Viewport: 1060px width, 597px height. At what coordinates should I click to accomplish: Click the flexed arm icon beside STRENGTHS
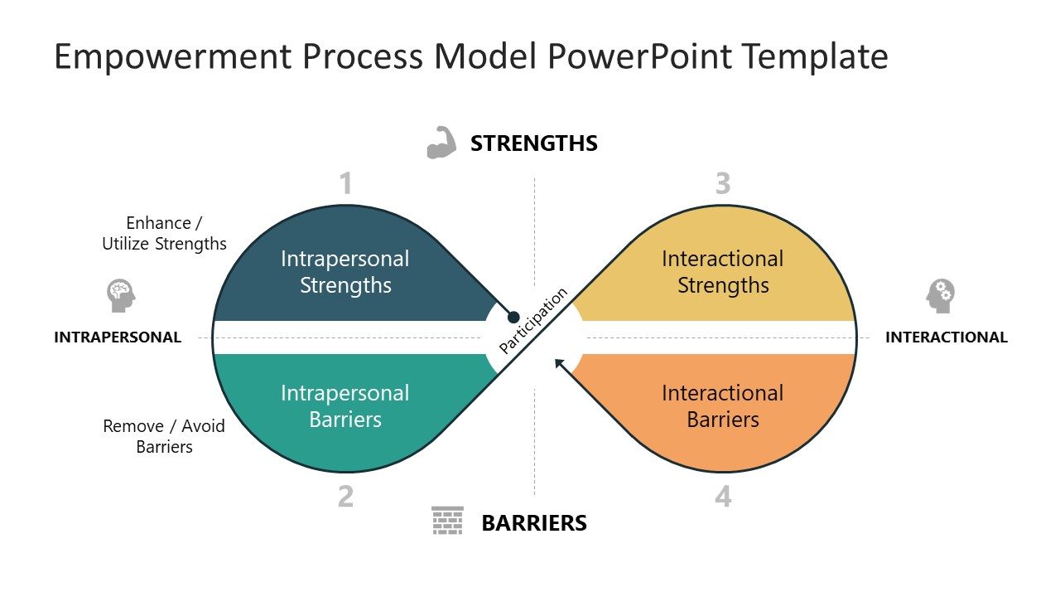click(441, 143)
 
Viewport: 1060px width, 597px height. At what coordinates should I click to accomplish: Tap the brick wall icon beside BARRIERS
click(447, 521)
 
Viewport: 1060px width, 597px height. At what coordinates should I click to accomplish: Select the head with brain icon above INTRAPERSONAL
click(121, 295)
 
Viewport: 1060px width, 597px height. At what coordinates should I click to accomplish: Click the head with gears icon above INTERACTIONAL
click(941, 295)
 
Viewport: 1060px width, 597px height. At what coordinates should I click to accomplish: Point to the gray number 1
click(346, 184)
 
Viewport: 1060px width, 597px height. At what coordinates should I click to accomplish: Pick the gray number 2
click(346, 497)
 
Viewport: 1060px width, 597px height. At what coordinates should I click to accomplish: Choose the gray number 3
click(723, 184)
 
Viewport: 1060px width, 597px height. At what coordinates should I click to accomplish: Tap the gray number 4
click(723, 497)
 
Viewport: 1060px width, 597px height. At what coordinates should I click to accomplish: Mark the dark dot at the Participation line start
click(513, 317)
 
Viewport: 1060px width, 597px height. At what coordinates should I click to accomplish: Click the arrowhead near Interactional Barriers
click(561, 363)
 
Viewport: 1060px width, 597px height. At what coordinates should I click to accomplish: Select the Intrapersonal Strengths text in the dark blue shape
click(345, 272)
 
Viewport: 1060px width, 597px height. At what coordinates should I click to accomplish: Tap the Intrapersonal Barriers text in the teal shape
click(345, 406)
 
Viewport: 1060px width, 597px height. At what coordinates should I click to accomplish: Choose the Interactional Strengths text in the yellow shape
click(723, 272)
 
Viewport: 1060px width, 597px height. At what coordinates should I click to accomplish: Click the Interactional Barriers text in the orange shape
click(723, 406)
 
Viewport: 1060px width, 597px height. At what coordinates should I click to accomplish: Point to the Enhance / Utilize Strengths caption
click(164, 233)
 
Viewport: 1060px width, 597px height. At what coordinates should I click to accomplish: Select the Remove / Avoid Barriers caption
click(164, 436)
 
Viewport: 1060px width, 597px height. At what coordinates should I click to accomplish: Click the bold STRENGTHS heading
click(534, 143)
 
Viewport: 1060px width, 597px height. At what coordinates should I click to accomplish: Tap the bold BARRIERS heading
click(534, 523)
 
